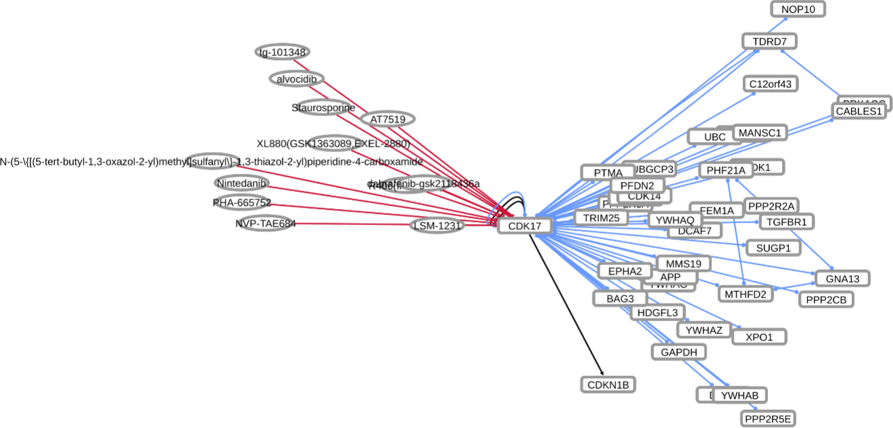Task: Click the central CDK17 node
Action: click(x=525, y=226)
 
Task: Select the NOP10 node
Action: click(x=798, y=9)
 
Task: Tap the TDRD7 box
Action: click(x=769, y=41)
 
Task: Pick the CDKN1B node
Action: click(x=608, y=385)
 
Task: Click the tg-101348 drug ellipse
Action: click(x=283, y=52)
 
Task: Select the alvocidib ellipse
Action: click(x=297, y=79)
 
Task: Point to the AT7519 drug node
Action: click(x=387, y=119)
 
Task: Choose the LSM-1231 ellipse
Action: click(x=437, y=226)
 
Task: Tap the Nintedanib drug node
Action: click(x=242, y=183)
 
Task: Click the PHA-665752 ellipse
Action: click(x=242, y=202)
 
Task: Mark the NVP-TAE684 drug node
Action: click(x=266, y=224)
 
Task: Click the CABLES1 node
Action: click(x=859, y=111)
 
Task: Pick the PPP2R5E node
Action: click(x=768, y=419)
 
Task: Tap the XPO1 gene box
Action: click(x=759, y=336)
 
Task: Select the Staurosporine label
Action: click(x=323, y=108)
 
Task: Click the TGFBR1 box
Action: click(x=787, y=221)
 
